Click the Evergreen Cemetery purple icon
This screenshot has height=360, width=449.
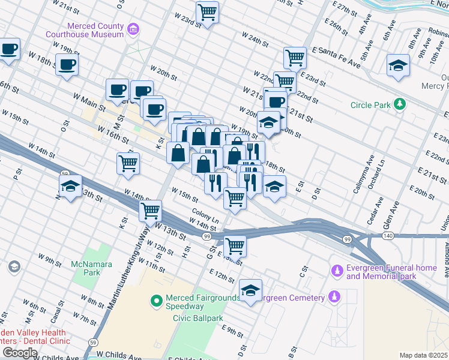[x=334, y=297]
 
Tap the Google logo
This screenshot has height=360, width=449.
[x=20, y=353]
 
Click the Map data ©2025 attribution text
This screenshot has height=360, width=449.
[x=423, y=355]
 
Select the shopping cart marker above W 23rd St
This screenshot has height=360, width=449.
[x=207, y=12]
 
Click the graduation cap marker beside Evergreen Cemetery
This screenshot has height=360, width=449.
[x=250, y=291]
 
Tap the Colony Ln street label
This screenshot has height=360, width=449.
[x=205, y=213]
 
